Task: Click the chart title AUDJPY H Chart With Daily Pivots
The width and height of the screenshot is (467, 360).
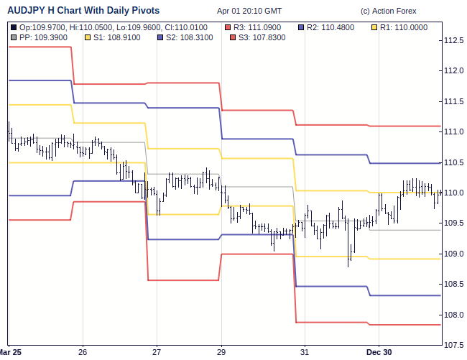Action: point(83,11)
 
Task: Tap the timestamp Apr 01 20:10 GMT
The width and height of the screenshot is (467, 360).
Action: point(249,11)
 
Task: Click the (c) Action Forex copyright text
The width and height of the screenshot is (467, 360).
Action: point(388,11)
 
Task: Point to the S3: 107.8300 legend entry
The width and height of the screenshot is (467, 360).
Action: point(256,37)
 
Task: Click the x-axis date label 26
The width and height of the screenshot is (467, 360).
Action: point(83,352)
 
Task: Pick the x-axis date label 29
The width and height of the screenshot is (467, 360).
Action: point(221,352)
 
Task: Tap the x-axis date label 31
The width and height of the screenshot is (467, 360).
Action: point(305,352)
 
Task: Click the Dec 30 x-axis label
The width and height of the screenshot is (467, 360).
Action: point(379,352)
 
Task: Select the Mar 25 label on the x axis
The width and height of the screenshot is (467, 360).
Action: point(11,352)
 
